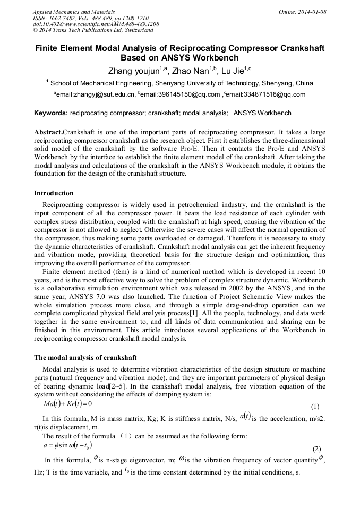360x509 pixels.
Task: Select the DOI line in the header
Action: click(x=96, y=24)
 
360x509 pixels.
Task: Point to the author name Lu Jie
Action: click(x=240, y=70)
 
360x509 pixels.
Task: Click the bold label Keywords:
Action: click(x=51, y=113)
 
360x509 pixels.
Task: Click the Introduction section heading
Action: click(x=54, y=193)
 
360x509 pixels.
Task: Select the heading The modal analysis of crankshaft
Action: click(x=85, y=357)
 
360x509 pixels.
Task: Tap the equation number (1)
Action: click(x=315, y=407)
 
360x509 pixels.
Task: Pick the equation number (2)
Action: click(x=317, y=448)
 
